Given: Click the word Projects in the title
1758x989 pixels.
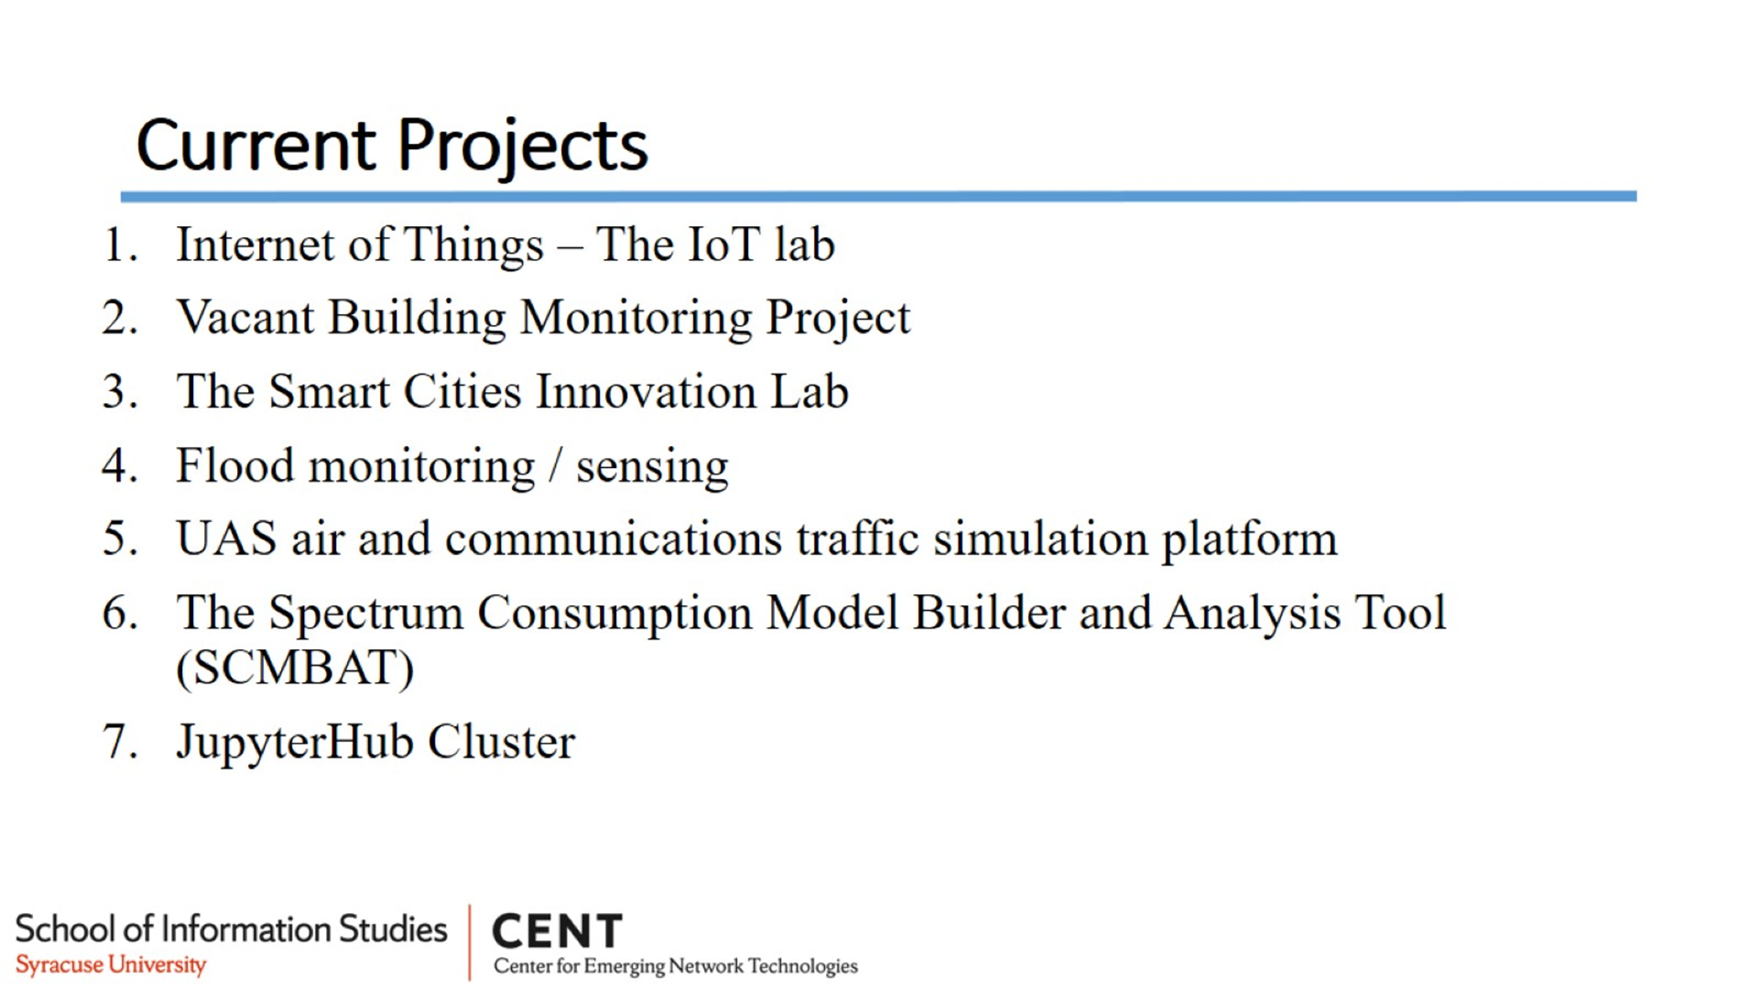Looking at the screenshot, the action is pyautogui.click(x=522, y=147).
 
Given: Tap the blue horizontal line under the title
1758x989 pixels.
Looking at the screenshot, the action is pyautogui.click(x=878, y=196).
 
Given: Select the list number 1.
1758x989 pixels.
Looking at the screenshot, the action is pyautogui.click(x=120, y=245).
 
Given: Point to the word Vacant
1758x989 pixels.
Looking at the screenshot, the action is pyautogui.click(x=245, y=318).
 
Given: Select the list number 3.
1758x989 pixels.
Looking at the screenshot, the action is pyautogui.click(x=120, y=392).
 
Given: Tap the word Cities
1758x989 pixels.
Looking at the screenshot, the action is pyautogui.click(x=462, y=391).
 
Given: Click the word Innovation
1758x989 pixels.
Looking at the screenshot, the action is pyautogui.click(x=646, y=391).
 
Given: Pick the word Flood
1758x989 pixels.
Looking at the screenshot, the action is pyautogui.click(x=235, y=465).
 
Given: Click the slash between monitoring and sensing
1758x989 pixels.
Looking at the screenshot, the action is pyautogui.click(x=555, y=465).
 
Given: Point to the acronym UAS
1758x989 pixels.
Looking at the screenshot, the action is pyautogui.click(x=226, y=538).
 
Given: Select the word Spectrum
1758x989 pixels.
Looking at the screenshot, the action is pyautogui.click(x=366, y=614).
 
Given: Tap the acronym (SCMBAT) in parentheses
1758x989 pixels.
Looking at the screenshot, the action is pyautogui.click(x=295, y=668).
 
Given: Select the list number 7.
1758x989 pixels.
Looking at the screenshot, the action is pyautogui.click(x=120, y=742).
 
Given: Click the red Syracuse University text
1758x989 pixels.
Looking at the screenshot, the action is pyautogui.click(x=111, y=965).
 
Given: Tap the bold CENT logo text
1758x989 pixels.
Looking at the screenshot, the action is pyautogui.click(x=558, y=932).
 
